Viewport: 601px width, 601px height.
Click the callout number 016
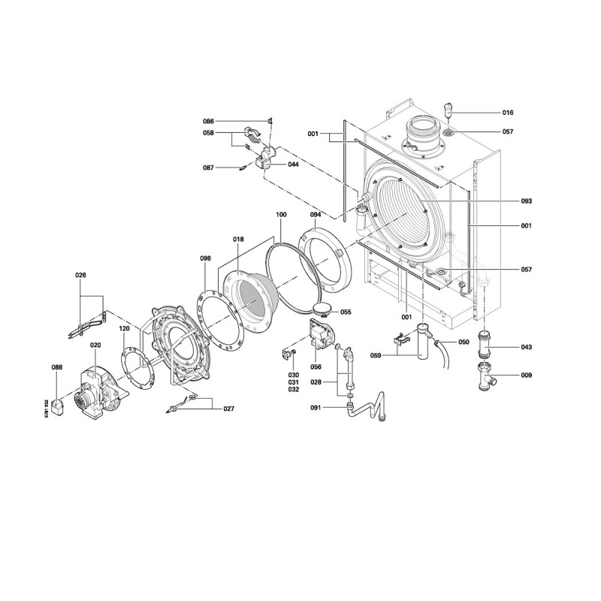tap(508, 113)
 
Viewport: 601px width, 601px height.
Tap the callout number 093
tap(527, 201)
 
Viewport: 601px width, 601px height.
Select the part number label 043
tap(527, 347)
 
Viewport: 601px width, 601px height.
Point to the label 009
tap(527, 375)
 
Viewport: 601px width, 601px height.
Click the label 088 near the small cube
tap(57, 367)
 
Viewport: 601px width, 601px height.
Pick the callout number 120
tap(124, 328)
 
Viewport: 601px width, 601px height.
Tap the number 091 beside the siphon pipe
tap(316, 408)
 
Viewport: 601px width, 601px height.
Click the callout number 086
tap(209, 122)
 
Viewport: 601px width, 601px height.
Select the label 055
tap(346, 312)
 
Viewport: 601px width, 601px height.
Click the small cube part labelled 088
tap(57, 407)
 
